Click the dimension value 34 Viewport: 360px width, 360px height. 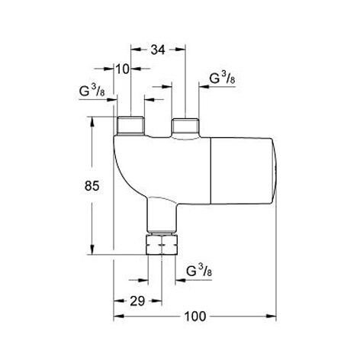point(158,50)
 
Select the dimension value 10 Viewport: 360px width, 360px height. point(123,69)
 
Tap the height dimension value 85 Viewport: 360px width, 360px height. point(92,186)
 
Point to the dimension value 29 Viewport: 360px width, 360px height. point(137,301)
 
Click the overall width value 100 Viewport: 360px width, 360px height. point(195,317)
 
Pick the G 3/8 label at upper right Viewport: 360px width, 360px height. point(222,79)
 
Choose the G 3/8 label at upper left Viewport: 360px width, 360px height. point(92,91)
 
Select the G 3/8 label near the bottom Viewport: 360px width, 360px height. point(199,271)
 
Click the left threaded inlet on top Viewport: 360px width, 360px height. point(130,125)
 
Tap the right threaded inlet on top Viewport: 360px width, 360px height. point(185,127)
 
